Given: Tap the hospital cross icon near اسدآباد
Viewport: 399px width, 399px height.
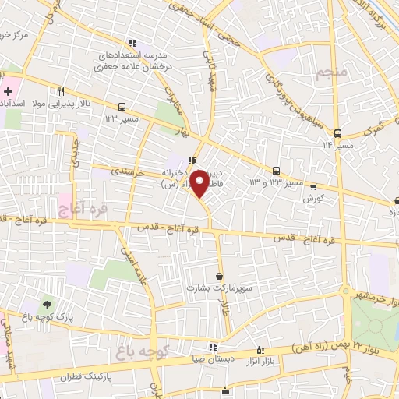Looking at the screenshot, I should click(7, 91).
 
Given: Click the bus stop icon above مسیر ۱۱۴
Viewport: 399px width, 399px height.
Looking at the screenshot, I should click(337, 133).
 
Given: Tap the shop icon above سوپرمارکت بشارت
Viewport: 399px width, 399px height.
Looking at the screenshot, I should click(219, 276).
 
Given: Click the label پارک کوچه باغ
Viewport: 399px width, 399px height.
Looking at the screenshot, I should click(48, 317).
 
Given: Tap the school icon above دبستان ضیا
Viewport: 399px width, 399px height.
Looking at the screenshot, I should click(211, 348).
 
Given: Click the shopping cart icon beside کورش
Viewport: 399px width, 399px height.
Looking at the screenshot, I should click(314, 187).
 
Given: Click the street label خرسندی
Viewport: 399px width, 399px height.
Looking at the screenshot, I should click(129, 172).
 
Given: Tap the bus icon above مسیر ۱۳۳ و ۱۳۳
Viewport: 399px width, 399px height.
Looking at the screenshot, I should click(276, 171).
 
